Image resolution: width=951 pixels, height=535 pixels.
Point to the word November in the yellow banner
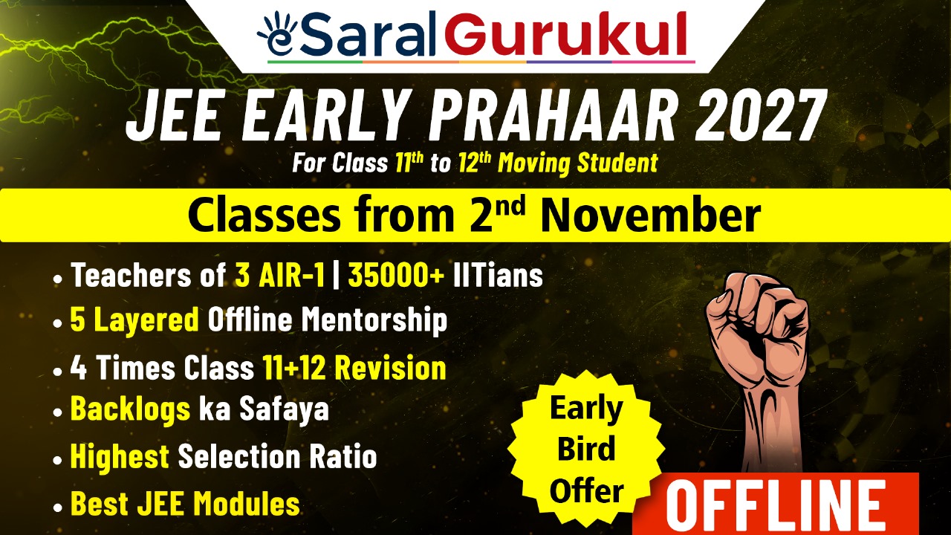pos(651,215)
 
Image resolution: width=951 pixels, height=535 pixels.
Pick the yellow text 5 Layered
pos(134,320)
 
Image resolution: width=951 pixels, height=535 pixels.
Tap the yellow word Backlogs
pos(130,409)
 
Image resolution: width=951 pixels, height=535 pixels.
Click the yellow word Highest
pos(120,456)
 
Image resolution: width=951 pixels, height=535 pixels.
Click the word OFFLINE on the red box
pos(776,506)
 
